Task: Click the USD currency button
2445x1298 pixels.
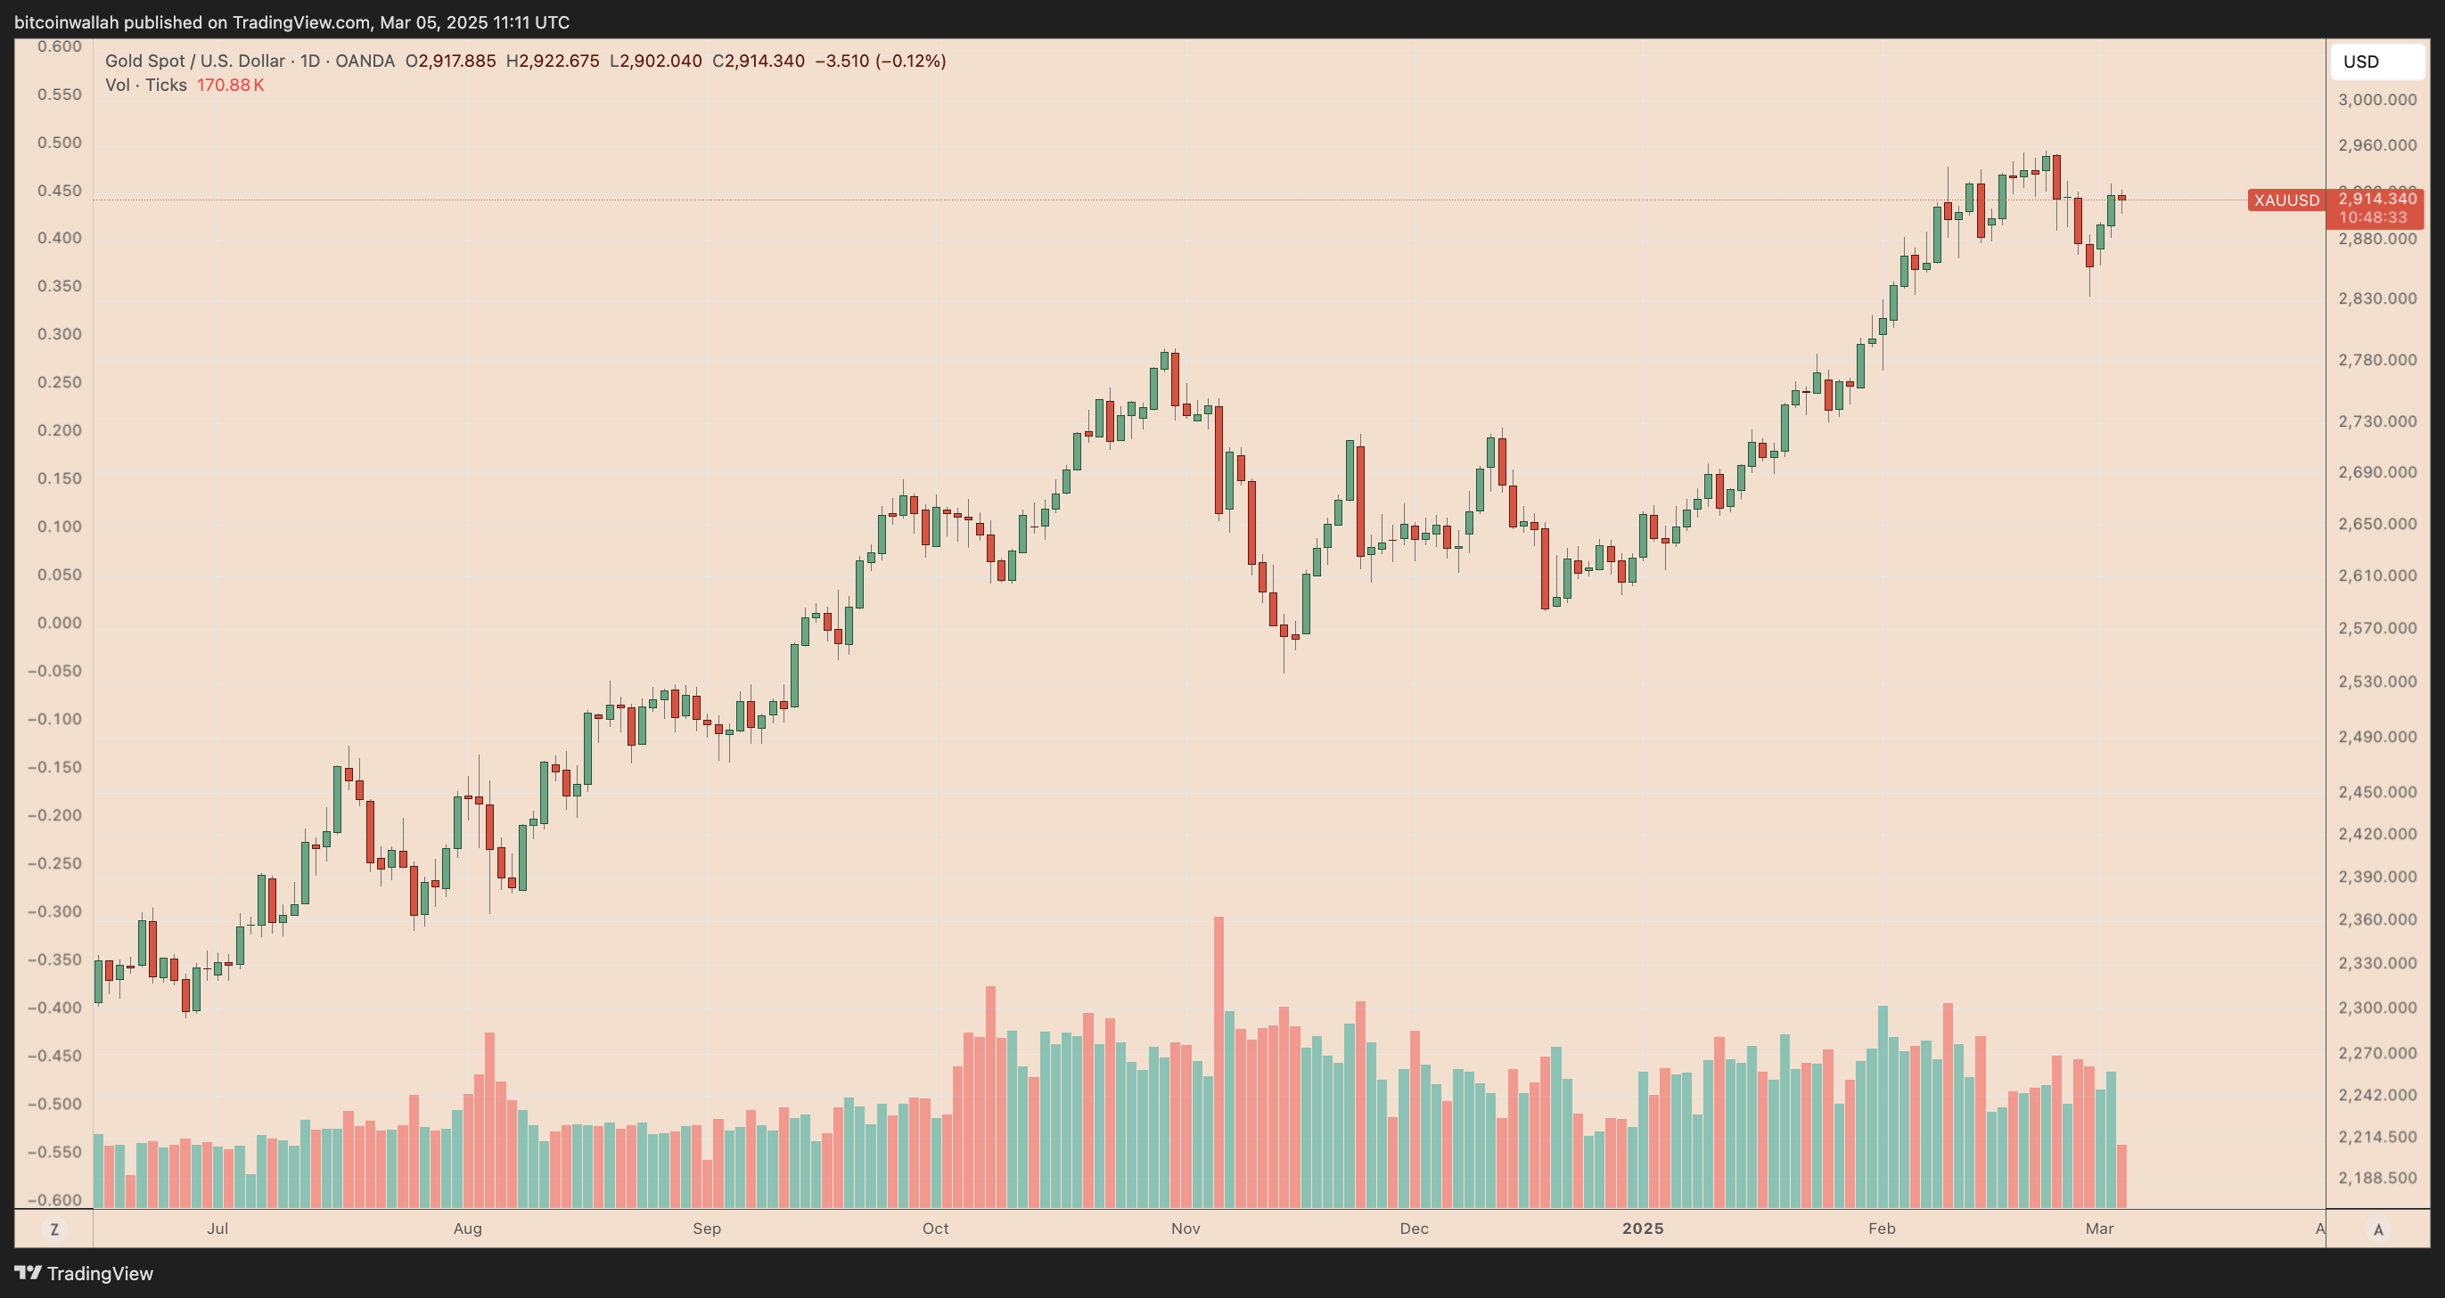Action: [2375, 61]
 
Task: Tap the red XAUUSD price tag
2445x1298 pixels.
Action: [2285, 200]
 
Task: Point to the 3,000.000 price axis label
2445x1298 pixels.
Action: [2376, 100]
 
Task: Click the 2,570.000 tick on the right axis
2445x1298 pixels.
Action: [2376, 628]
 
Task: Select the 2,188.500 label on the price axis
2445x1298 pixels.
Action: [2376, 1178]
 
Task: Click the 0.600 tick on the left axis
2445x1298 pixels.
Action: [59, 46]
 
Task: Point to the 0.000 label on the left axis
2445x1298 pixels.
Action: [59, 623]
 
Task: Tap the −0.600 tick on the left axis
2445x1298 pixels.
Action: [54, 1199]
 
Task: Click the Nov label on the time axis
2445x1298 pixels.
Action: [1186, 1228]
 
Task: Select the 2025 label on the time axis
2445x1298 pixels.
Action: [1642, 1228]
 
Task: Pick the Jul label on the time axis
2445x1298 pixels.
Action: [217, 1228]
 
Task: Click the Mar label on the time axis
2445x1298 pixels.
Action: [2098, 1228]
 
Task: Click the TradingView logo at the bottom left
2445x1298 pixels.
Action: [84, 1273]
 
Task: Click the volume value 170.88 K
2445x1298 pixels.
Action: [231, 86]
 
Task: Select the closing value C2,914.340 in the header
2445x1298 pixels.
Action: [758, 61]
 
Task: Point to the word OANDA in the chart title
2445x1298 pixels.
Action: [365, 61]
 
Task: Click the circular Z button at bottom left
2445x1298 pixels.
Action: [54, 1229]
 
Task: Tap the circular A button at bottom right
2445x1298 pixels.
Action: [2377, 1229]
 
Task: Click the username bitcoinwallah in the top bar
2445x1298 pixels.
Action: [67, 21]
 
